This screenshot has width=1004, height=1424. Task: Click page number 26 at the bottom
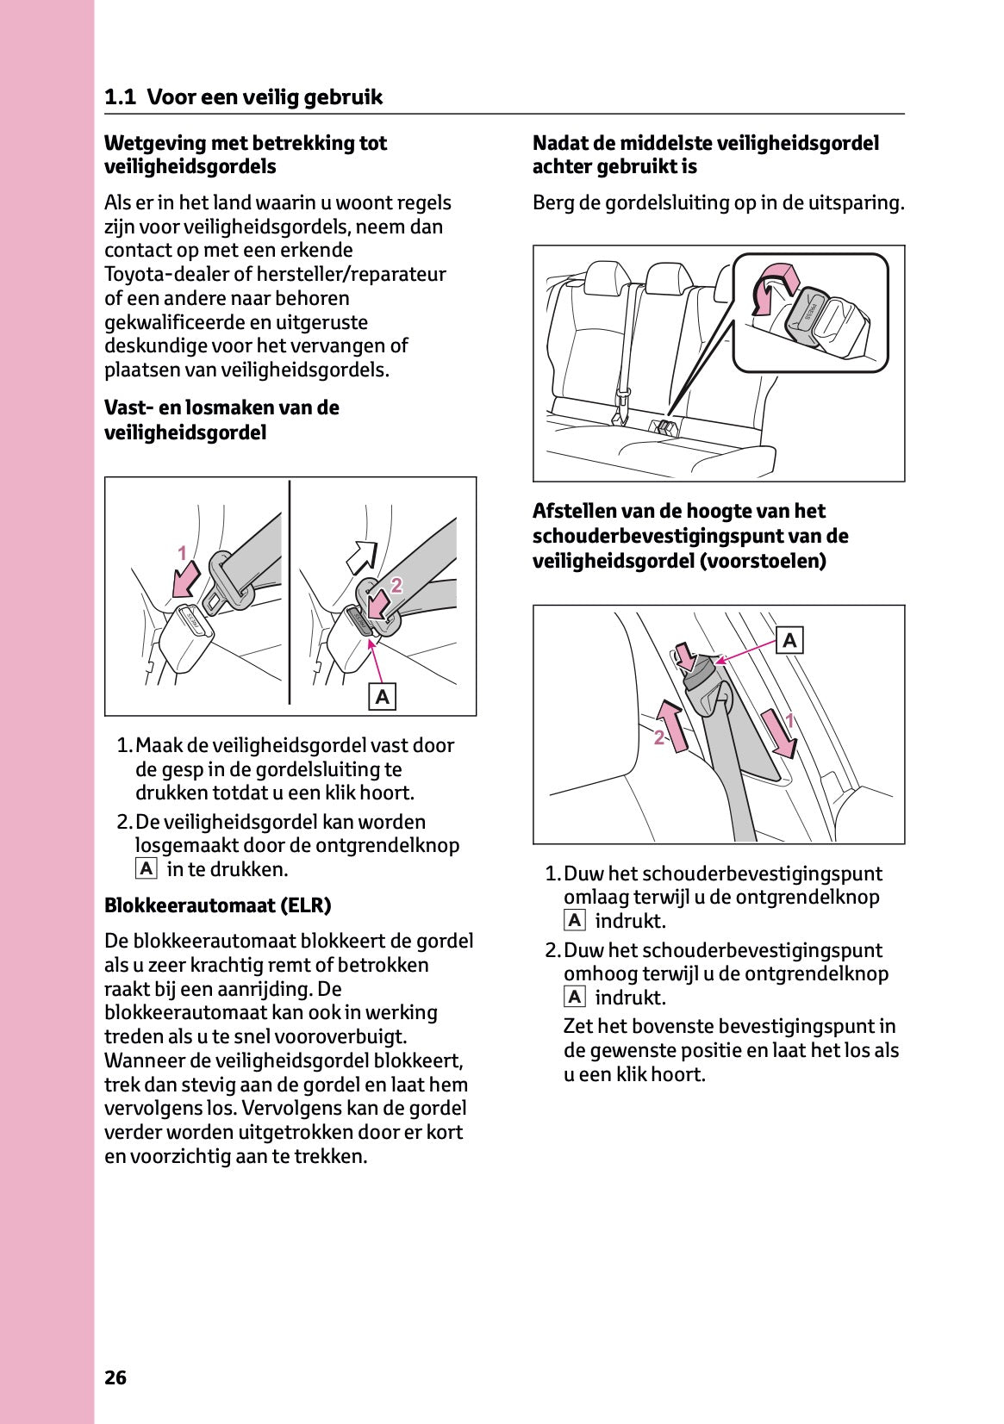click(115, 1377)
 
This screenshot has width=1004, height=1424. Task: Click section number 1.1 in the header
click(120, 97)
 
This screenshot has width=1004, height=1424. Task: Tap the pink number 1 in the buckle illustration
click(182, 553)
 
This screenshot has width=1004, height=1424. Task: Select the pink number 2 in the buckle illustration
click(396, 586)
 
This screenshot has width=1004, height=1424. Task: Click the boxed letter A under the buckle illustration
click(383, 696)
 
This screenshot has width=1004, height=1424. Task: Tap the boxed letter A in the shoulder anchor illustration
click(789, 640)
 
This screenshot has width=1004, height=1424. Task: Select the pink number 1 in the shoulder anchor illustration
click(789, 721)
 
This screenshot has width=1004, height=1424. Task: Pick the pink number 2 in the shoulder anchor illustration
click(659, 737)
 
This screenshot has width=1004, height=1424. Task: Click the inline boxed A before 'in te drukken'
click(147, 869)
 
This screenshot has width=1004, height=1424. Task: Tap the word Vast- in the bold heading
click(128, 407)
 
